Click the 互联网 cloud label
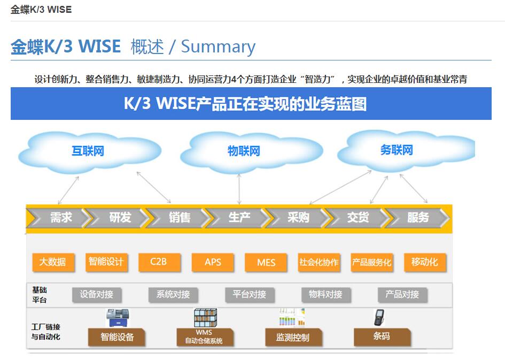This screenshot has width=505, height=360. (x=88, y=151)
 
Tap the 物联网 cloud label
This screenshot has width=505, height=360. (x=244, y=151)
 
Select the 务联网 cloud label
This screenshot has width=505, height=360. (x=397, y=150)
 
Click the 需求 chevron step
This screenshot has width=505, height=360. (x=60, y=218)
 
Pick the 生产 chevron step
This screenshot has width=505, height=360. (x=239, y=218)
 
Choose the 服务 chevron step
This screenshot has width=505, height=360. (x=418, y=218)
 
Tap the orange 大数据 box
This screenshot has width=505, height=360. (x=53, y=262)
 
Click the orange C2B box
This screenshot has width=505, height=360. (x=158, y=262)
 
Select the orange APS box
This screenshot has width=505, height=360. (x=213, y=262)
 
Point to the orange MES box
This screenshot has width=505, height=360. (x=266, y=263)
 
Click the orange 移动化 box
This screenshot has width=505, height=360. (x=425, y=262)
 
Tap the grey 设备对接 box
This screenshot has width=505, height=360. (x=97, y=294)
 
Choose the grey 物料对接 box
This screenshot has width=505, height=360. (x=325, y=294)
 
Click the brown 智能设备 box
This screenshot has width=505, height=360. (x=118, y=337)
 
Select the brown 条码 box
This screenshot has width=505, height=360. (x=382, y=336)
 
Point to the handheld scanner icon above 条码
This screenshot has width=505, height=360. (x=379, y=317)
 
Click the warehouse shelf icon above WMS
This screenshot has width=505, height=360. (x=205, y=317)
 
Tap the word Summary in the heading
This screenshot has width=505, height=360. (x=218, y=47)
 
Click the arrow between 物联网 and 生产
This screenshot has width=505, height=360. (x=239, y=188)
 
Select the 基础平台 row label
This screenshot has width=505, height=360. (x=40, y=295)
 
